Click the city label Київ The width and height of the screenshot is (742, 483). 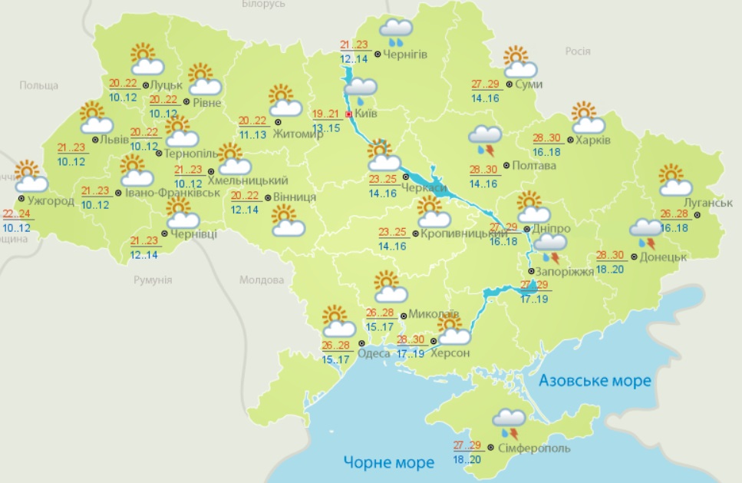click(368, 114)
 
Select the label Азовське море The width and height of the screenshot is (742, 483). click(595, 380)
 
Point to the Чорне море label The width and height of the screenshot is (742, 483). click(388, 461)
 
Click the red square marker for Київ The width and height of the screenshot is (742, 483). click(349, 114)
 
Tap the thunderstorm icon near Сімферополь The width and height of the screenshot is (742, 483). click(508, 422)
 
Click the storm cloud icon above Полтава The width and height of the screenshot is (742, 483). click(485, 139)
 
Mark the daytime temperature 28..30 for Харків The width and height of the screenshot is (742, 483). click(546, 139)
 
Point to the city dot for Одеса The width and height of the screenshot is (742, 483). click(361, 353)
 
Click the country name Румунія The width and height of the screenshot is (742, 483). click(153, 280)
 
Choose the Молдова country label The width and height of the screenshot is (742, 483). click(262, 280)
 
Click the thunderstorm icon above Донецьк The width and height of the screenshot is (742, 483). click(644, 232)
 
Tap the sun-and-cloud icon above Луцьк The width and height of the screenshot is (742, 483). click(143, 58)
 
